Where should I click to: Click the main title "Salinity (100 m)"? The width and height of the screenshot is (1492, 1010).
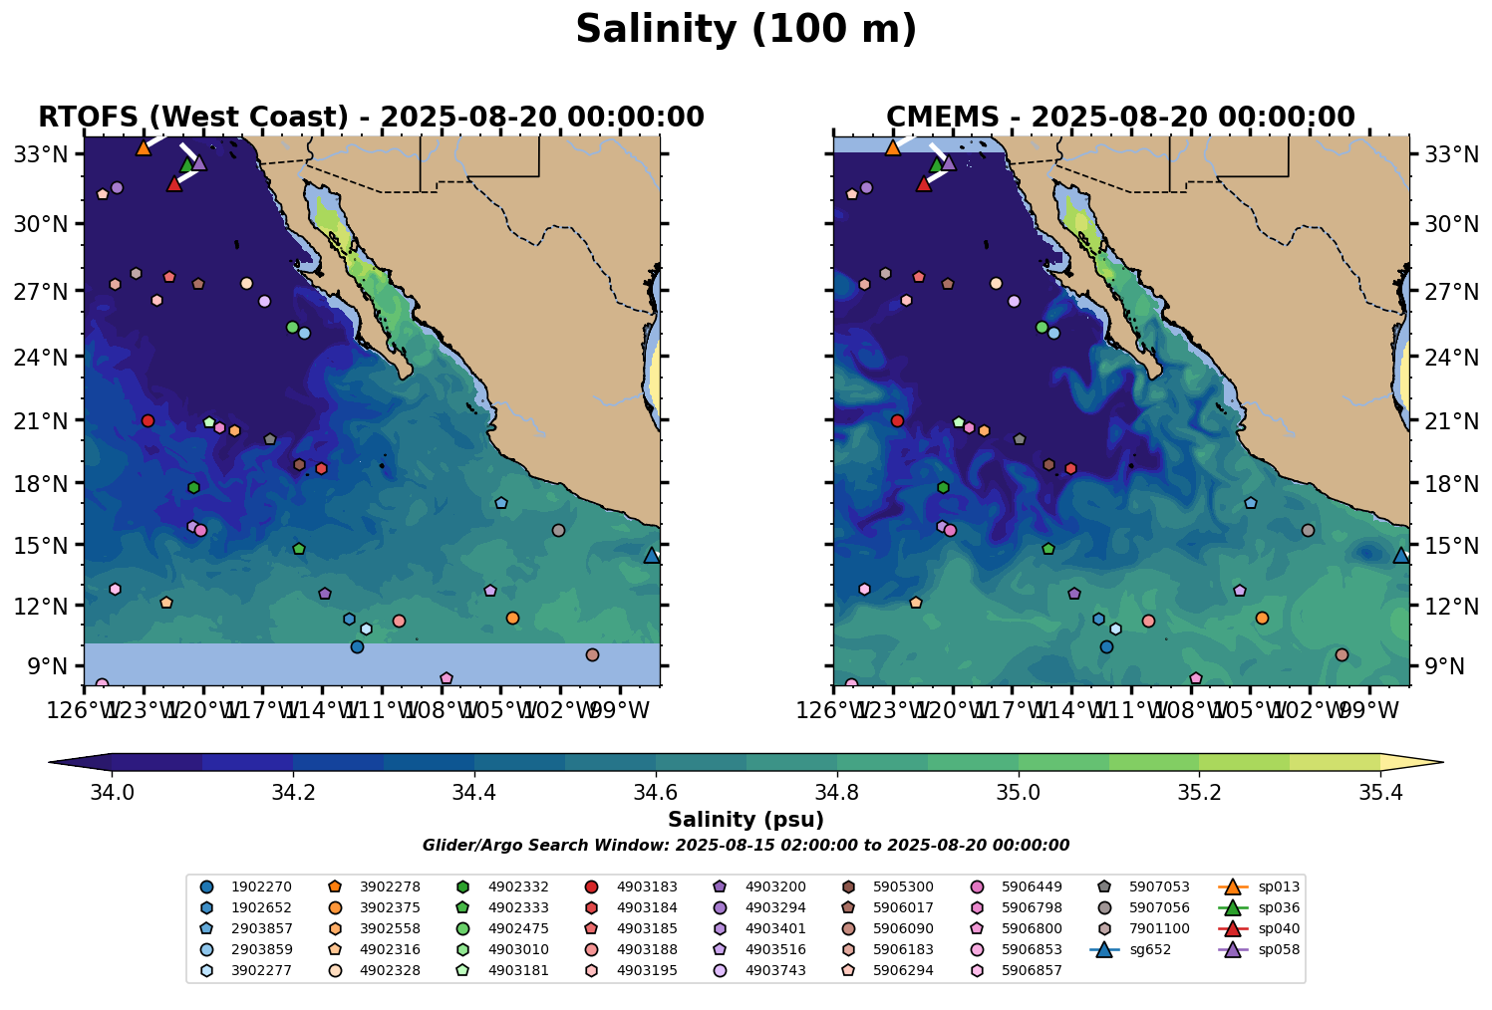point(746,30)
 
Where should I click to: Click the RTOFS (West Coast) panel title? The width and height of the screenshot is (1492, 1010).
point(371,118)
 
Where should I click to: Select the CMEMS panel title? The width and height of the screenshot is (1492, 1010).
point(1120,118)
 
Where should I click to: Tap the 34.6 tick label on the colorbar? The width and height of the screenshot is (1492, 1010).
point(656,793)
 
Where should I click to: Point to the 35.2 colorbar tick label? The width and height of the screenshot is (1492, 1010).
point(1199,793)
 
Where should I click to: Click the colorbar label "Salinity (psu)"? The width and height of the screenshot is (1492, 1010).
point(746,820)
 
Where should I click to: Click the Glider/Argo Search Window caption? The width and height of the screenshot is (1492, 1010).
point(746,846)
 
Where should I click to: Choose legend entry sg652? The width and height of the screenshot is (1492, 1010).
point(1149,949)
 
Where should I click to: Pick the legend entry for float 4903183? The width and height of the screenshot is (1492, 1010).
point(647,886)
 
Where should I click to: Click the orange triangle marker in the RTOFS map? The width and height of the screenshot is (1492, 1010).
point(144,147)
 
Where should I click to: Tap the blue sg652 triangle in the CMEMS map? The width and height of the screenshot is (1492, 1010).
point(1400,556)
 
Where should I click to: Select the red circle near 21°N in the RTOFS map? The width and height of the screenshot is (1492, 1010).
point(148,420)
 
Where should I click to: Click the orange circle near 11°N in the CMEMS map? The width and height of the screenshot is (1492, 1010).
point(1262,618)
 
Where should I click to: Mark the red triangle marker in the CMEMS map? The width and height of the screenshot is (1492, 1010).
point(924,183)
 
